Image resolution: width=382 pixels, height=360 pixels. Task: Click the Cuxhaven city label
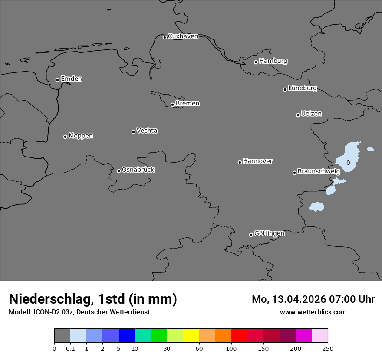[183, 36]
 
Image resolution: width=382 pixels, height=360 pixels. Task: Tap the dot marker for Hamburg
[256, 62]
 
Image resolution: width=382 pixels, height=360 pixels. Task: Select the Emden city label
[71, 79]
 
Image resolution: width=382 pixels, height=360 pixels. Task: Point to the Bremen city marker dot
[172, 105]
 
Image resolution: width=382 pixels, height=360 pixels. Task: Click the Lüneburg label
[302, 88]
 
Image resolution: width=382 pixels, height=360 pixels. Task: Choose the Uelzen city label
[311, 114]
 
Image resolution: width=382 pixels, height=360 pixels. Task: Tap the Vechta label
[147, 131]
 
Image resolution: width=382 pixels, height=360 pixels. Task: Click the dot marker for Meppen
[65, 137]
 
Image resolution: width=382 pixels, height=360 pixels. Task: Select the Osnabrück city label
[138, 170]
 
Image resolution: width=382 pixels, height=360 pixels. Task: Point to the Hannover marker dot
[240, 162]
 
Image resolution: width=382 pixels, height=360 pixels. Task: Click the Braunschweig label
[319, 172]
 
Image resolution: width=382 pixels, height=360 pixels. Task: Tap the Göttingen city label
[269, 234]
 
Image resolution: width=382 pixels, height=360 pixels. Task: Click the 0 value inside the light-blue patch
[348, 163]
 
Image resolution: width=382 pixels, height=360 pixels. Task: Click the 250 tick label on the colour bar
[328, 348]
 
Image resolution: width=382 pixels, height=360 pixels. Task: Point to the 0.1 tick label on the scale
[70, 348]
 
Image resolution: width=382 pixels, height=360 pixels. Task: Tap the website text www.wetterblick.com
[313, 312]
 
